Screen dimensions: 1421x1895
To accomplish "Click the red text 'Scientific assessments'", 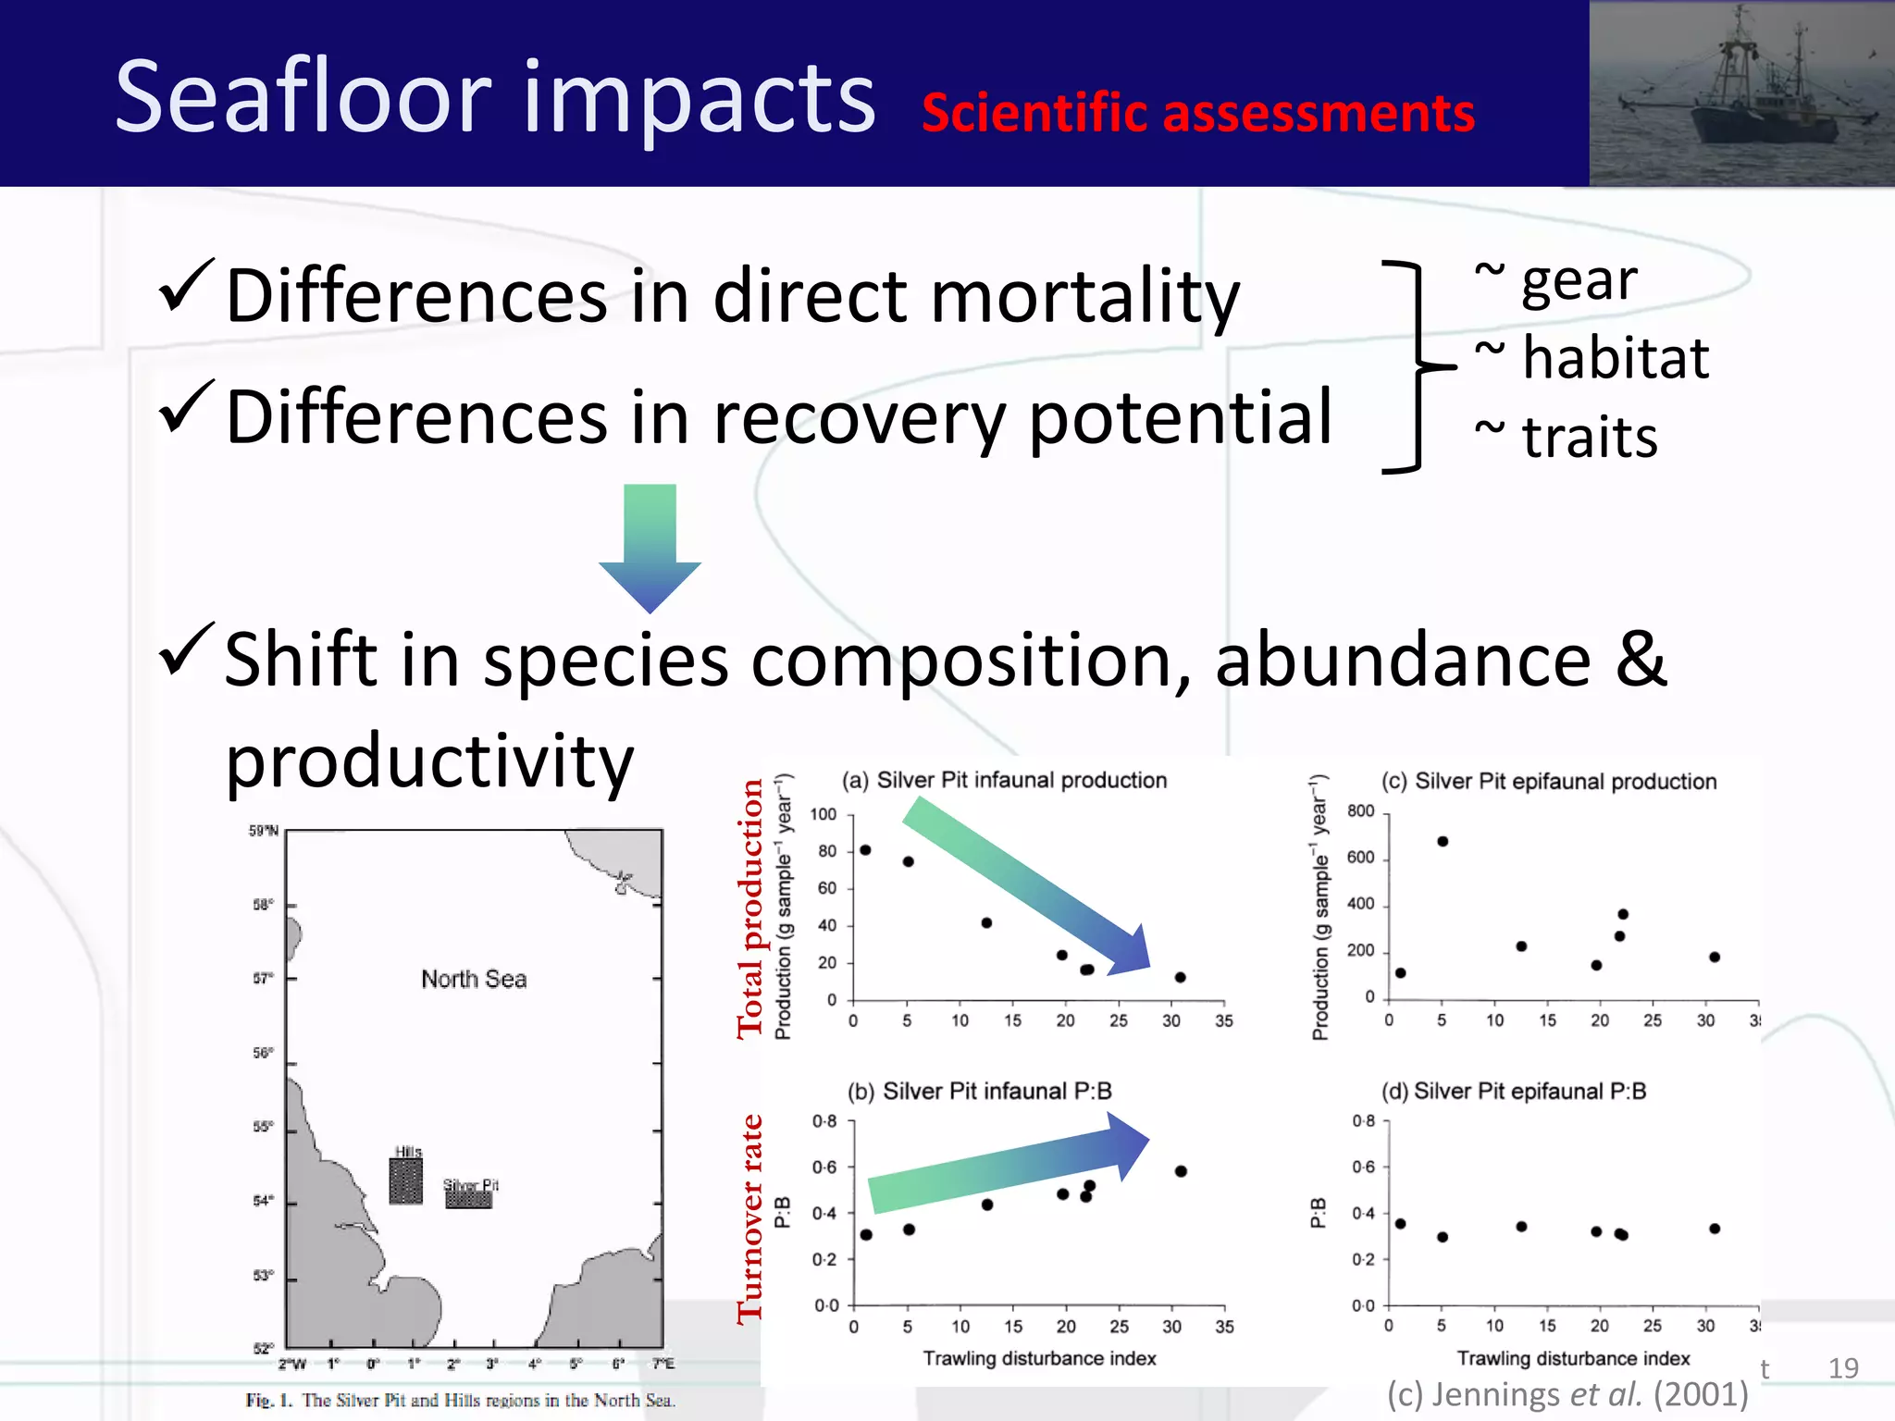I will (1197, 114).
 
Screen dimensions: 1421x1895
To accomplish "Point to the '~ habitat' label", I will (1592, 358).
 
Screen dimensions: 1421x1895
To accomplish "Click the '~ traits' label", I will (1566, 437).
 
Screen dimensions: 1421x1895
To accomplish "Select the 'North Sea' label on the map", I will (474, 979).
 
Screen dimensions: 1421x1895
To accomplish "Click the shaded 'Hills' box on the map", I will (405, 1181).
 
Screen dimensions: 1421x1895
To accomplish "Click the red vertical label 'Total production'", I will (750, 908).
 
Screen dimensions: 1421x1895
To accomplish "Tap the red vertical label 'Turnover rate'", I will (750, 1219).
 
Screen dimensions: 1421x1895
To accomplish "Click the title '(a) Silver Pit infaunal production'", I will (1004, 780).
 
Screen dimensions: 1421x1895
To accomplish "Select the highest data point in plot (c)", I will (1443, 841).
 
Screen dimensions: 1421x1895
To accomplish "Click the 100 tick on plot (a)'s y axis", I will (823, 814).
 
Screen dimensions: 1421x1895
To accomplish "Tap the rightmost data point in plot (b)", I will (1181, 1171).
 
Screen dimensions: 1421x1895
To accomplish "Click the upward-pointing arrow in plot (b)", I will (1009, 1165).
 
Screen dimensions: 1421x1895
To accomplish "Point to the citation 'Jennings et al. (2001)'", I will (1567, 1394).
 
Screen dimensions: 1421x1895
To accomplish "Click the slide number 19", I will (1843, 1368).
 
